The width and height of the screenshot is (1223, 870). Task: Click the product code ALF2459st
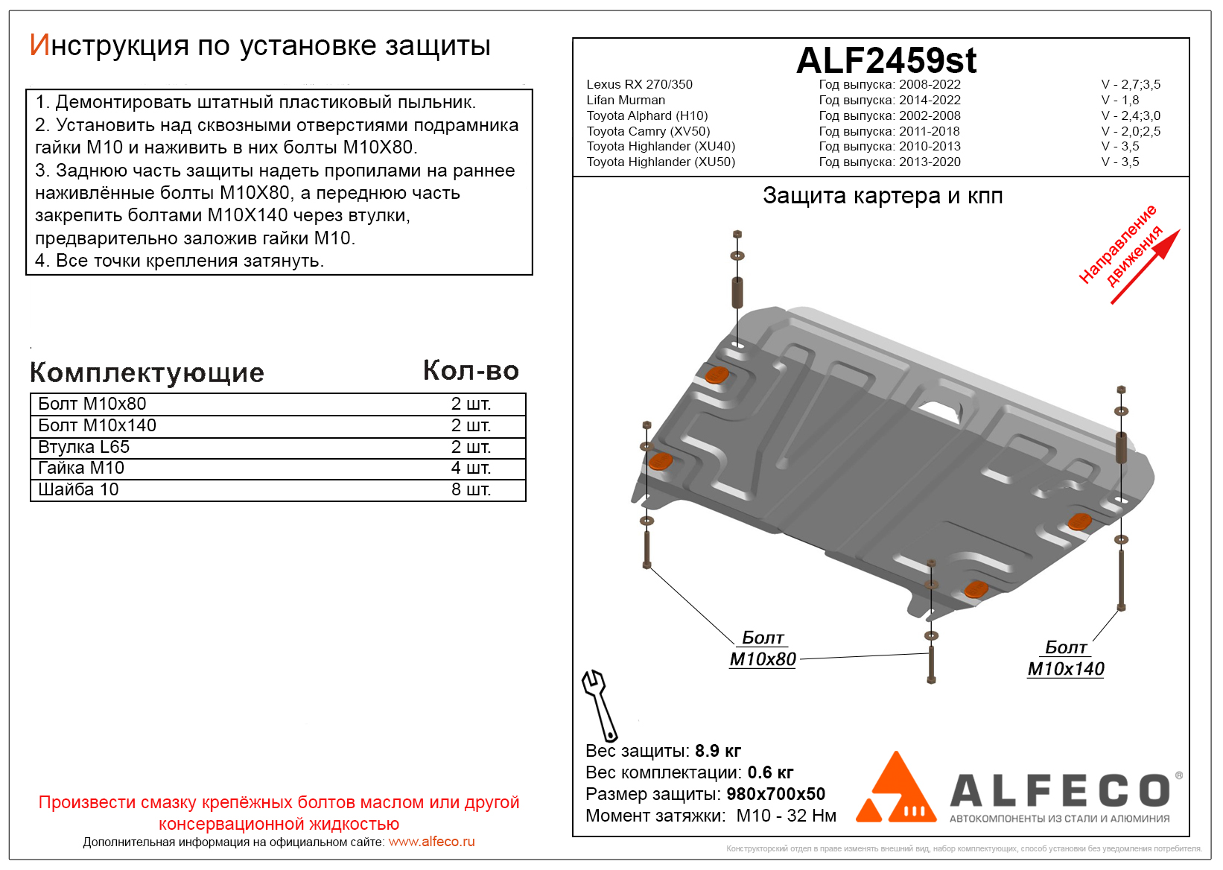(x=886, y=60)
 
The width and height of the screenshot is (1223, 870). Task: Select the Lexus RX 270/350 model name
(x=639, y=85)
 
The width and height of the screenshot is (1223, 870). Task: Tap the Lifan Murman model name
(x=626, y=100)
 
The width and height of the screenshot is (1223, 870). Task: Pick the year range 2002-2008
(x=930, y=115)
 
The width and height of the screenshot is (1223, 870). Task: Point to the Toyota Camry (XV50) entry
(x=648, y=132)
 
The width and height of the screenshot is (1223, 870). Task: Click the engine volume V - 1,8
(x=1119, y=100)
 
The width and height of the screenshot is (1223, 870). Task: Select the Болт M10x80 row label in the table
(x=92, y=404)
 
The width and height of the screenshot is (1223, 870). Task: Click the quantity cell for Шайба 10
(x=471, y=489)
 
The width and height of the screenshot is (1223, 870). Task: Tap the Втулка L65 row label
(x=83, y=447)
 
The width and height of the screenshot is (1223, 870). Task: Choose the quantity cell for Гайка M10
(x=471, y=468)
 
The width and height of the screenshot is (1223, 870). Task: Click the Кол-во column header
(x=471, y=371)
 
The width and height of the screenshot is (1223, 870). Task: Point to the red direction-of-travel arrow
(x=1146, y=267)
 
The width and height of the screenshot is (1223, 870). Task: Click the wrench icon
(x=600, y=705)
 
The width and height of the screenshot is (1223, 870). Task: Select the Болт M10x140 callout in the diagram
(x=1065, y=658)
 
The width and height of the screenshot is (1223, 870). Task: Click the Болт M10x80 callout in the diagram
(x=763, y=648)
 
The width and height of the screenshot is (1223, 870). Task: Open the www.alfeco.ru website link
(x=431, y=842)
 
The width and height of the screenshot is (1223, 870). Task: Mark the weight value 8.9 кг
(x=717, y=751)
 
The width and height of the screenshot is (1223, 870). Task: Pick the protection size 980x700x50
(x=776, y=794)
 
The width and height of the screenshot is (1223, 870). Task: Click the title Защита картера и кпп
(x=883, y=195)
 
